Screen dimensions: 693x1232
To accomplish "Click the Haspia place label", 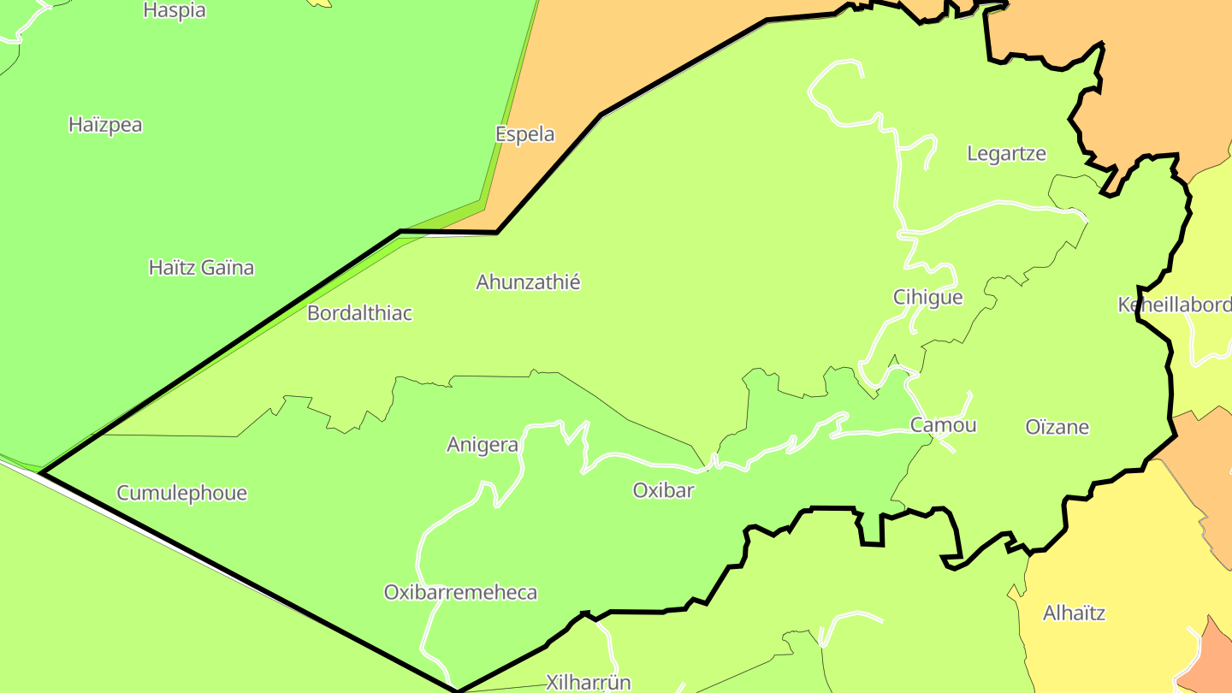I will [x=175, y=10].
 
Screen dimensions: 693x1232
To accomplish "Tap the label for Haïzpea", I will [x=105, y=125].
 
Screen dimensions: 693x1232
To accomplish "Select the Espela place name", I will [x=524, y=134].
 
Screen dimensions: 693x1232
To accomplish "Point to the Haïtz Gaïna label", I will [x=201, y=268].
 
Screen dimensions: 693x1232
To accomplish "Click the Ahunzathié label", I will [x=528, y=281].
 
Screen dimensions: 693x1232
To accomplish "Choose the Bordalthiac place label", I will [x=359, y=313].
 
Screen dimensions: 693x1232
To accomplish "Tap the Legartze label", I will [x=1006, y=154].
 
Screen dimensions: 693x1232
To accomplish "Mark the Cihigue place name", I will [x=927, y=297].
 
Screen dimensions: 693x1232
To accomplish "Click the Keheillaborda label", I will [x=1175, y=305].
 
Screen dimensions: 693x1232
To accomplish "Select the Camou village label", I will [x=943, y=425].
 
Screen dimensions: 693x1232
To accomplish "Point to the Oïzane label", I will [x=1057, y=427].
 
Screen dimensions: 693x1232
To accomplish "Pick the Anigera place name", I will [x=483, y=445].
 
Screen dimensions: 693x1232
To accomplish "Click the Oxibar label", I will [x=663, y=490].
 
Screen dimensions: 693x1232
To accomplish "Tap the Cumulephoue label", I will [x=181, y=493].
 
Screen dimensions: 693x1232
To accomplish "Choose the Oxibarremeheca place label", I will [x=460, y=592].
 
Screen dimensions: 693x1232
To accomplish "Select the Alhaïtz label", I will [x=1074, y=613].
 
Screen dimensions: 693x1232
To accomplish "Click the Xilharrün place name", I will [x=588, y=682].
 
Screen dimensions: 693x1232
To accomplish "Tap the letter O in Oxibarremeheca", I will [x=391, y=592].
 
